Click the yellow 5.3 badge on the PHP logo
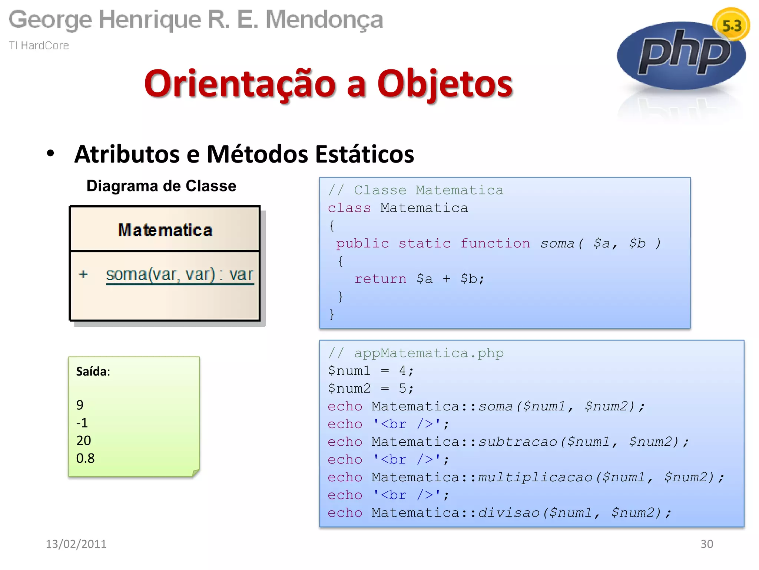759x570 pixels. point(731,25)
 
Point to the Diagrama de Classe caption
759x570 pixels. point(161,186)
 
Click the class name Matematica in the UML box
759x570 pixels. point(165,230)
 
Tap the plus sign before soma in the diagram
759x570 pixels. point(83,274)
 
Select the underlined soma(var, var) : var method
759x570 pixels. point(180,275)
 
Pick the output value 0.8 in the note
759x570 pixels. point(85,458)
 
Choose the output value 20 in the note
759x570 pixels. point(84,440)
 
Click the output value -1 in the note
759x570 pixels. point(82,423)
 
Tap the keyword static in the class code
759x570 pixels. point(425,243)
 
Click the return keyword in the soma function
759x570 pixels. point(380,279)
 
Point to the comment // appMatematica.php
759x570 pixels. point(416,353)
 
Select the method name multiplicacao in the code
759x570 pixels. point(535,477)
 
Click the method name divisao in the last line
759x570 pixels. point(508,513)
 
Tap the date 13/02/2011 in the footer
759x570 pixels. point(76,544)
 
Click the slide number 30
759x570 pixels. point(707,544)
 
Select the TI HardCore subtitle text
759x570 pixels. point(39,45)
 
